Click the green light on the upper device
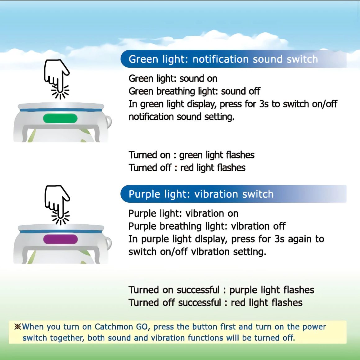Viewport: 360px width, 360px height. [x=60, y=118]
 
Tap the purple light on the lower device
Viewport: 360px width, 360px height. [x=61, y=239]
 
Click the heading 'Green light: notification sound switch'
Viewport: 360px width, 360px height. [x=223, y=59]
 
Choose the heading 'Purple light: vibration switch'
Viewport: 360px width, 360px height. [x=201, y=194]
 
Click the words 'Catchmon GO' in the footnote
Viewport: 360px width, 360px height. [x=121, y=326]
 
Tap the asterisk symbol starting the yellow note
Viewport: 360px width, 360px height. [x=18, y=326]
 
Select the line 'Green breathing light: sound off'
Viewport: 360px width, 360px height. [x=194, y=91]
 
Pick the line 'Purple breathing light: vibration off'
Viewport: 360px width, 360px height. [x=207, y=226]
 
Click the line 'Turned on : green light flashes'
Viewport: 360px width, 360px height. [x=191, y=155]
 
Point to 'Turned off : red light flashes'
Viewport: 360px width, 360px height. [x=187, y=168]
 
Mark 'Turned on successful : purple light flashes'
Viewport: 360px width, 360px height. [x=221, y=290]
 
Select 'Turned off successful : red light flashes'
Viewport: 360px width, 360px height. [x=215, y=302]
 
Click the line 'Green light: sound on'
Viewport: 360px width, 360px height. [x=173, y=79]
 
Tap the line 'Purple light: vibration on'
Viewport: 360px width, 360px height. [x=183, y=214]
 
